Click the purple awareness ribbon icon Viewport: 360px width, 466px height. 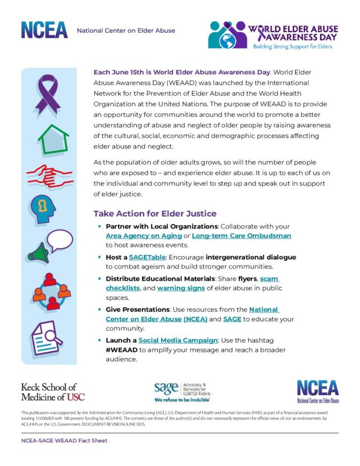(x=47, y=95)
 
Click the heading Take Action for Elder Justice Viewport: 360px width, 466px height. (x=155, y=214)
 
